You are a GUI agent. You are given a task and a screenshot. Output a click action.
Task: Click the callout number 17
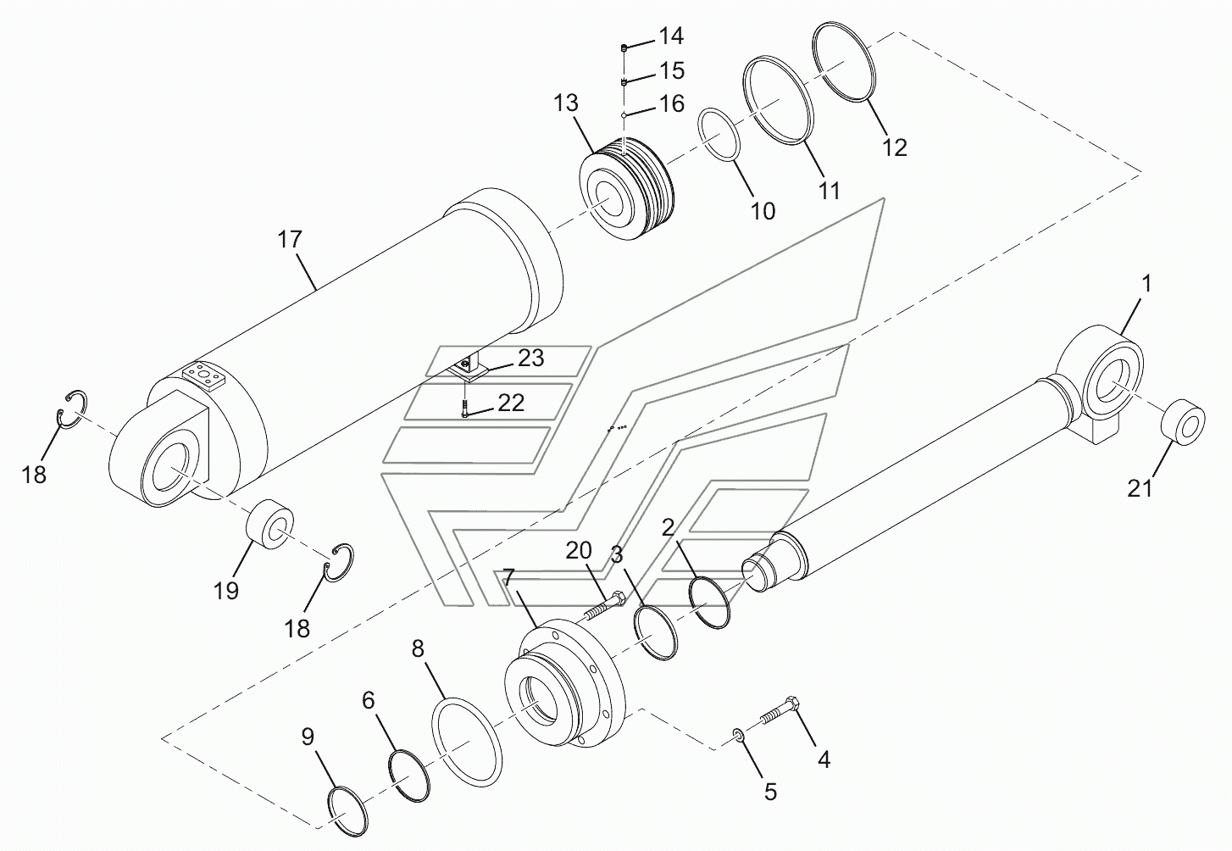click(290, 239)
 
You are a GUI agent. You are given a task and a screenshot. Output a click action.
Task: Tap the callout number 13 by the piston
click(566, 103)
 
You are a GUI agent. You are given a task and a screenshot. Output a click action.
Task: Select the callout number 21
click(1140, 488)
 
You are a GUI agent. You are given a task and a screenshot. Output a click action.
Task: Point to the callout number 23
click(530, 358)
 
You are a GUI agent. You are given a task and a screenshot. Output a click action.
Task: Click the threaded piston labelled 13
click(627, 191)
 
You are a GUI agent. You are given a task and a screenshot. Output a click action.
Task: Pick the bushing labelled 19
click(269, 523)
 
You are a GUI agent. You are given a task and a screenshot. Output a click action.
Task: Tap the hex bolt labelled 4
click(780, 711)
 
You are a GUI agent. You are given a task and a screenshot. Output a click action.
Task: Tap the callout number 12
click(894, 147)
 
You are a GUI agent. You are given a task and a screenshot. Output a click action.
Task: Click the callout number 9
click(308, 737)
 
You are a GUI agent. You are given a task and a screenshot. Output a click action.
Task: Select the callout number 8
click(418, 649)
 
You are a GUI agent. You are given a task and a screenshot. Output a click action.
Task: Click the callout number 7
click(508, 577)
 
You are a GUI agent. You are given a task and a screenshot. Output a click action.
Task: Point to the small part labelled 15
click(624, 82)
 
